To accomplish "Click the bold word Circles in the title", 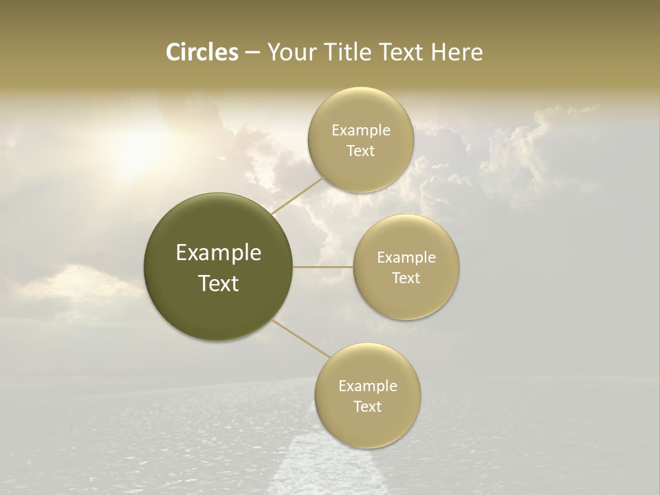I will (201, 52).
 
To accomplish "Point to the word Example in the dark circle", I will (219, 253).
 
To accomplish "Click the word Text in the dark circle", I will (219, 283).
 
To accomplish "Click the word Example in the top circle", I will (361, 131).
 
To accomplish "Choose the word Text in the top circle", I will (360, 151).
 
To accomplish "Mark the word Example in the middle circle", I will (406, 258).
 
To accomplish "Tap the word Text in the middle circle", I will (406, 278).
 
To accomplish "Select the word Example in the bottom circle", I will (368, 386).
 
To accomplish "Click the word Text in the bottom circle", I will (367, 406).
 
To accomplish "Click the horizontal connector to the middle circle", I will (322, 267).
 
